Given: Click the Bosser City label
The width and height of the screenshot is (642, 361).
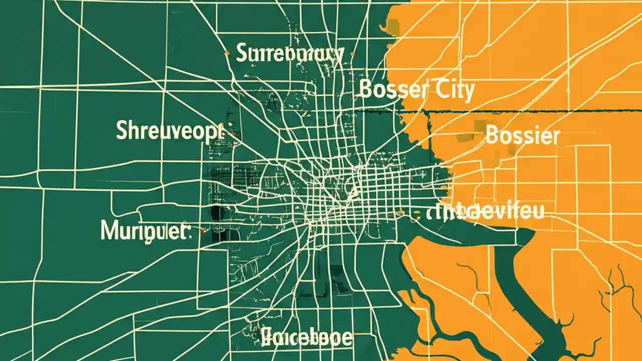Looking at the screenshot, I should (x=417, y=90).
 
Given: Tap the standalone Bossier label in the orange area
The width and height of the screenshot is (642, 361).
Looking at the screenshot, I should (x=523, y=135).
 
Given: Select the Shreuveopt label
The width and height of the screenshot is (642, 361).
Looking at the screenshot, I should (x=169, y=130).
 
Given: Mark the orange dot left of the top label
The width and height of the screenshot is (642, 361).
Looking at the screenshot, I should (x=227, y=53).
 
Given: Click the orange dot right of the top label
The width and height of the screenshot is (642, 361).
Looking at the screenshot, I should (x=353, y=54).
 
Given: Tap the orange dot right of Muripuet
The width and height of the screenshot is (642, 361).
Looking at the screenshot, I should (x=202, y=231).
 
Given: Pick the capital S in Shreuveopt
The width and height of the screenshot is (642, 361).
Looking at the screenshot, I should (x=122, y=130).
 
